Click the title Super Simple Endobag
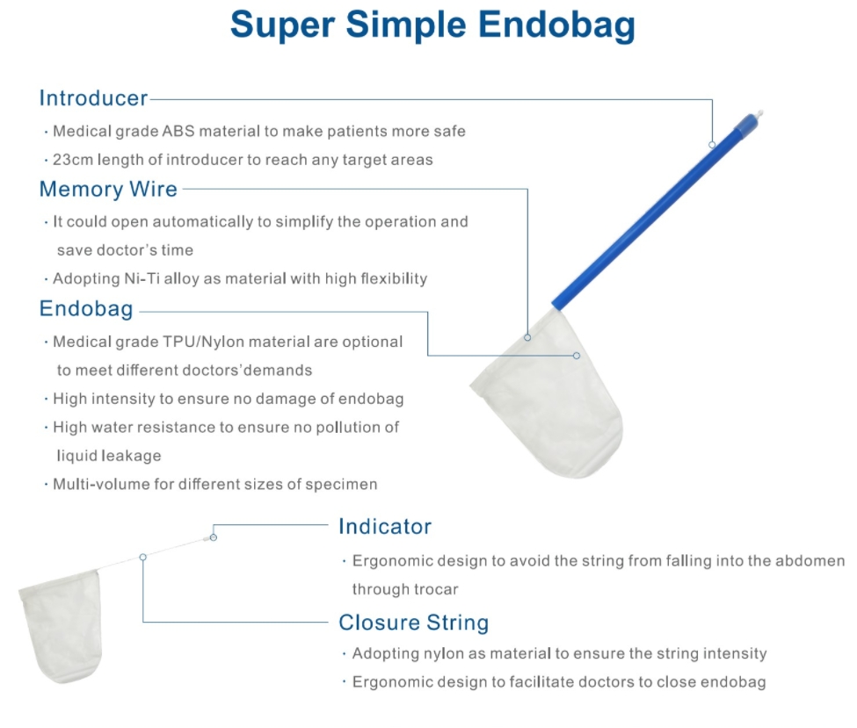(x=432, y=25)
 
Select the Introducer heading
(x=93, y=98)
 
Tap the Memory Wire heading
(x=108, y=189)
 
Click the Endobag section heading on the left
(x=86, y=308)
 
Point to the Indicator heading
(x=385, y=527)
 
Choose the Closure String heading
(x=414, y=623)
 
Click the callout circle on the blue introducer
(x=712, y=145)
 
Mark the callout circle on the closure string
(x=142, y=557)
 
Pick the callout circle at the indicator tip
(x=214, y=537)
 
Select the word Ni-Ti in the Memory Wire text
(x=142, y=278)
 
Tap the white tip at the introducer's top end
(x=759, y=113)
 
